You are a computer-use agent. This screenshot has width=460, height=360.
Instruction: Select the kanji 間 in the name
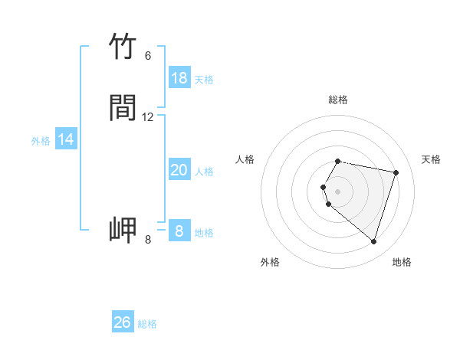pos(123,108)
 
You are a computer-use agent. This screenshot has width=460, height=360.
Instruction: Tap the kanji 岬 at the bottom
pos(123,230)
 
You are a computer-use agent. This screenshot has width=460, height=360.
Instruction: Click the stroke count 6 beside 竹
pos(148,55)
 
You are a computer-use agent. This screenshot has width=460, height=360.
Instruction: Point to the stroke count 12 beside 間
pos(148,117)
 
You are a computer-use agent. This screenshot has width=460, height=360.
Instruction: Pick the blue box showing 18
pos(179,78)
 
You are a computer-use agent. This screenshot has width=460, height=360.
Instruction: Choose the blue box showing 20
pos(179,170)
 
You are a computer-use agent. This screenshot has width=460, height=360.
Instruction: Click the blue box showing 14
pos(65,139)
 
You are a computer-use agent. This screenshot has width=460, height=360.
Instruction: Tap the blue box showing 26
pos(123,322)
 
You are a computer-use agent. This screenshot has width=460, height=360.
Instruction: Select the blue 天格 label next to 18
pos(204,80)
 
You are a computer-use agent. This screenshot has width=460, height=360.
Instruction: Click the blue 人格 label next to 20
pos(205,172)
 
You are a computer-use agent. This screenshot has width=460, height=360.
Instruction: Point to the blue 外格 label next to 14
pos(41,141)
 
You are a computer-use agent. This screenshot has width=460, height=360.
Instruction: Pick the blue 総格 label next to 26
pos(147,324)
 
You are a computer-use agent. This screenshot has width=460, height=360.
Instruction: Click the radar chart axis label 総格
pos(338,100)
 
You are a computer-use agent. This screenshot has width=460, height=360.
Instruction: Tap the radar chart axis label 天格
pos(432,159)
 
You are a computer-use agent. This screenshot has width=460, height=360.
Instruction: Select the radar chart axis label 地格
pos(402,262)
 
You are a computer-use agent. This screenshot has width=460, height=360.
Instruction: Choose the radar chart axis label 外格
pos(270,262)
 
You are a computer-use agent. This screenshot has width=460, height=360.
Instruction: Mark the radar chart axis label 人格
pos(245,159)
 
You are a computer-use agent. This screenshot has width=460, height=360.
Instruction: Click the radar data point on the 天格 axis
pos(396,173)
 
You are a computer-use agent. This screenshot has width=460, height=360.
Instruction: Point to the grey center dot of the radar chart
pos(338,191)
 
